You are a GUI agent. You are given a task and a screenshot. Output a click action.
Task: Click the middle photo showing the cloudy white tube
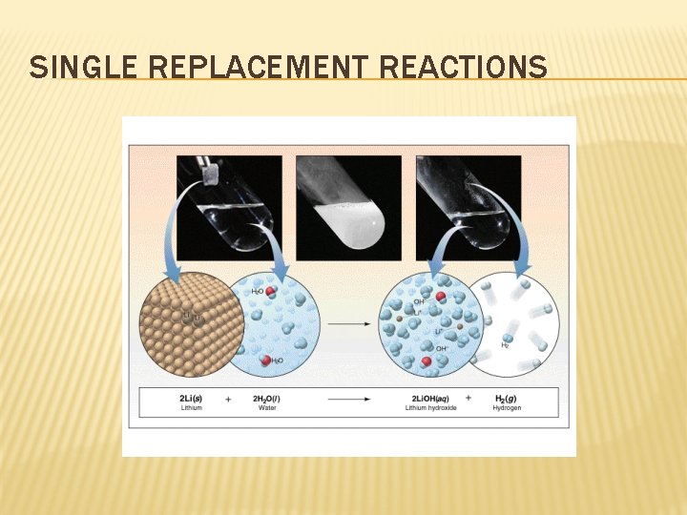[x=348, y=208]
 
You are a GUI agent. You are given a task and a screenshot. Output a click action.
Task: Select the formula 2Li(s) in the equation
[x=191, y=397]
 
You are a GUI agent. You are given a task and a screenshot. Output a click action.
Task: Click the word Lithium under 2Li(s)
[x=190, y=407]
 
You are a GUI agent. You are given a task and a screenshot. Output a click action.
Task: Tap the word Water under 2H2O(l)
[x=267, y=407]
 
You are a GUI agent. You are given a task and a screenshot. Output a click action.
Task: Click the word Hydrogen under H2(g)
[x=507, y=407]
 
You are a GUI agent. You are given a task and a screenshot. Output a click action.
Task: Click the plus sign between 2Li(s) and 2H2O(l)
[x=229, y=397]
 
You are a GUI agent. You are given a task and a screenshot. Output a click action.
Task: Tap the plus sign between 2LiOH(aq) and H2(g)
[x=468, y=397]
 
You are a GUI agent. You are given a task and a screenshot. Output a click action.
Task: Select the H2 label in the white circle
[x=505, y=345]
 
